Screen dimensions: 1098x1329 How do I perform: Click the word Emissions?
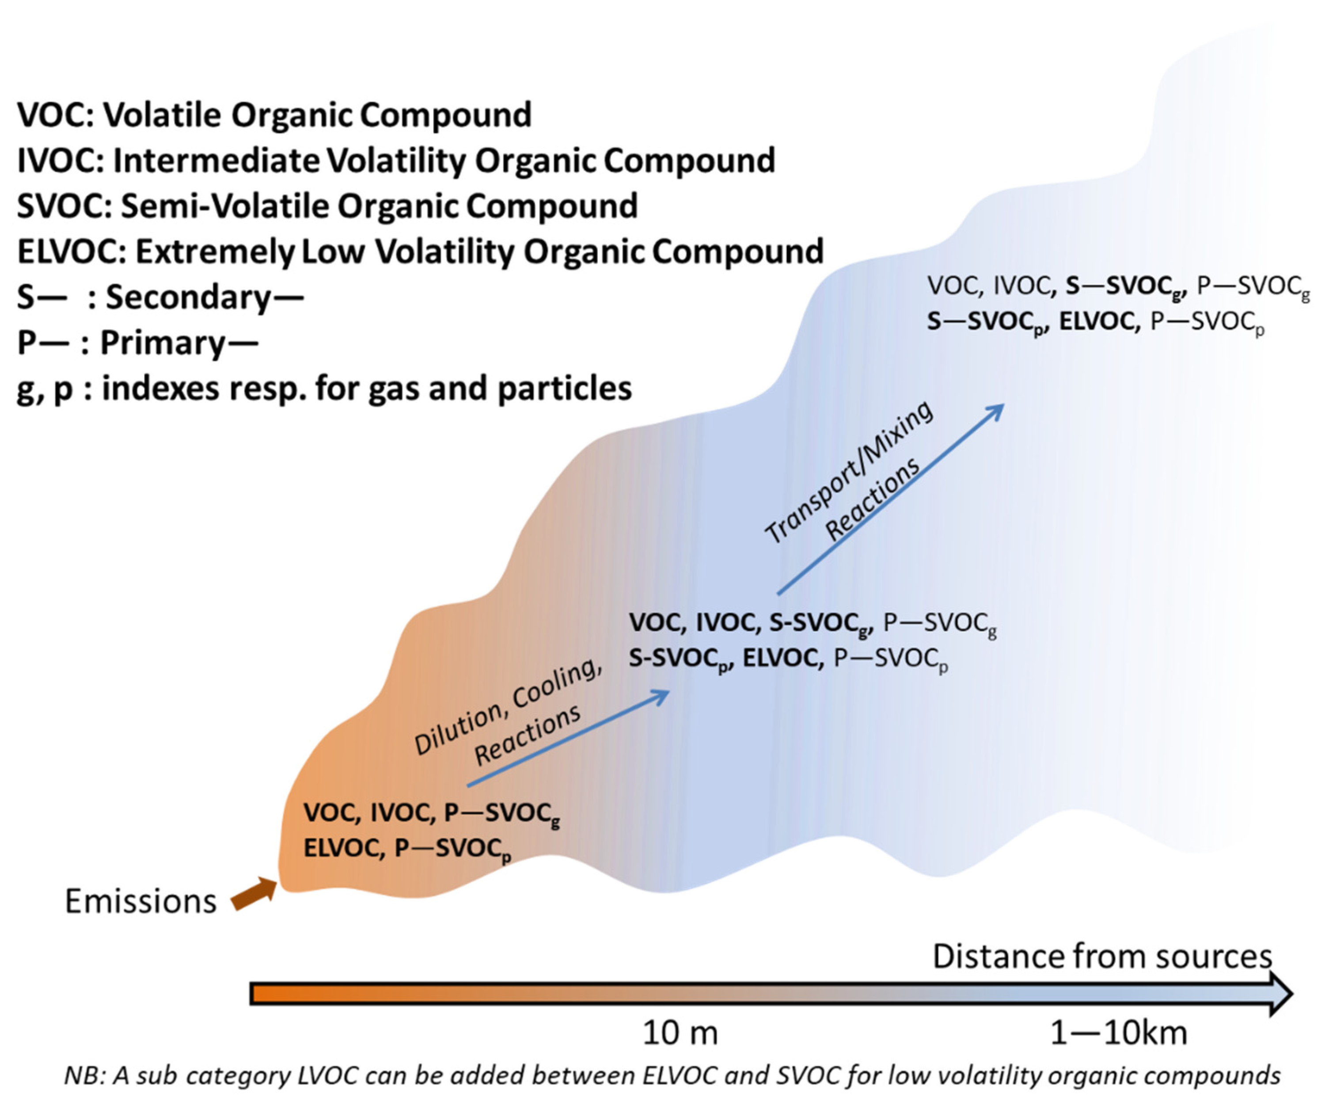(x=140, y=901)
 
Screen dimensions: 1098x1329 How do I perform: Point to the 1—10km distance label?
(x=1118, y=1033)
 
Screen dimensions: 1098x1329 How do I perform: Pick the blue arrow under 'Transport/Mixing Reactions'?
(x=890, y=499)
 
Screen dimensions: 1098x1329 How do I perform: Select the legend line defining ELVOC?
(x=420, y=252)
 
